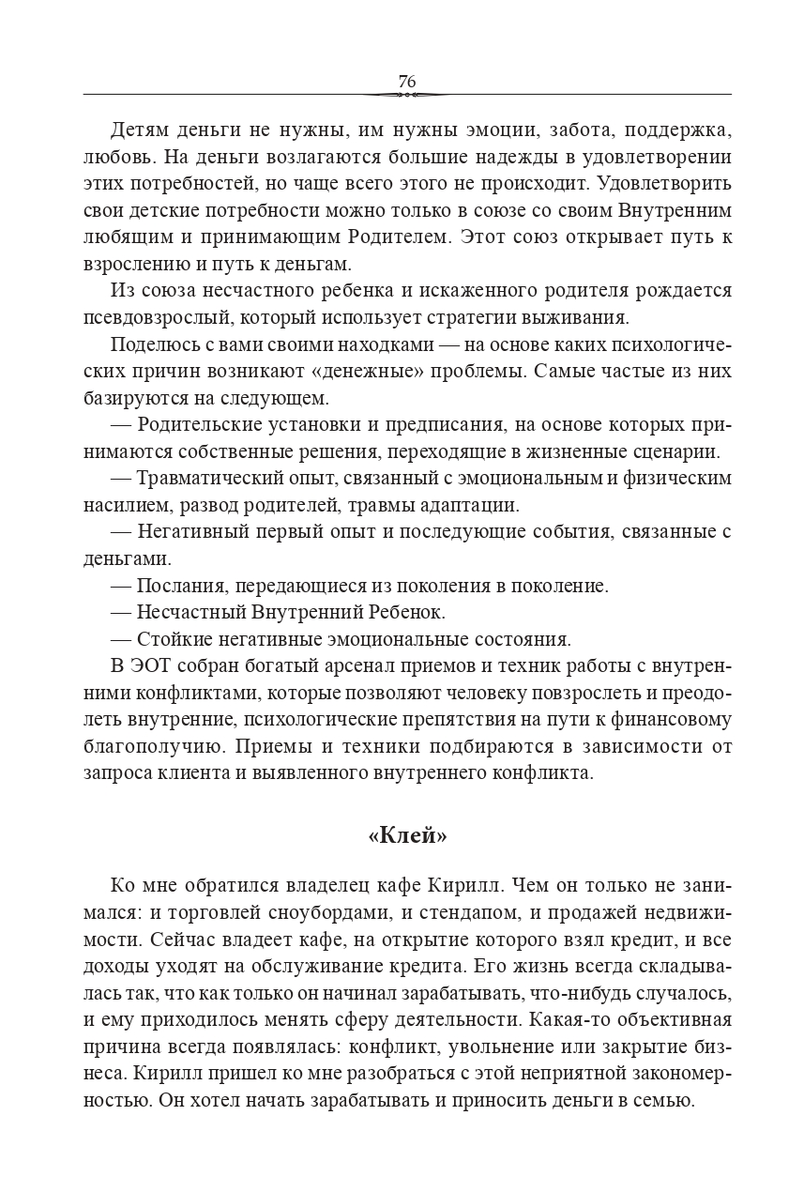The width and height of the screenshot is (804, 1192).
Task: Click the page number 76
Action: point(406,81)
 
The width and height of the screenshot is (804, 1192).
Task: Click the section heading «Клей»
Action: point(406,834)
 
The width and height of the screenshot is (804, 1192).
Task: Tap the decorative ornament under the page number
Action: point(406,95)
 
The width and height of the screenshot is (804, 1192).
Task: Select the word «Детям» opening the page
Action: point(140,130)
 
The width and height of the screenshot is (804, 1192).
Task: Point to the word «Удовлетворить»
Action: point(665,183)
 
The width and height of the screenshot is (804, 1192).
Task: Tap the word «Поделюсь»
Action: point(150,344)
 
